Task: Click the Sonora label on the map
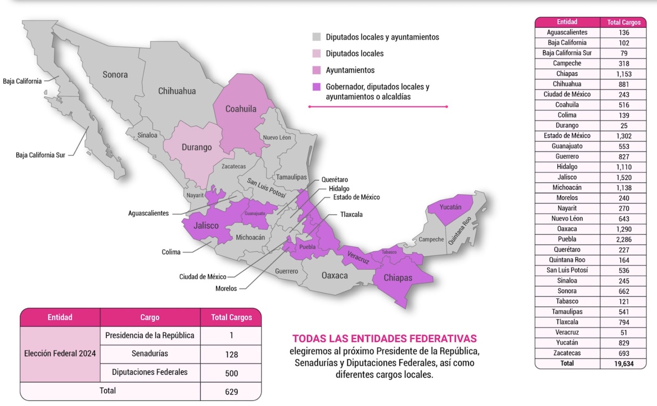point(115,74)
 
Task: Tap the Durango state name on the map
point(197,147)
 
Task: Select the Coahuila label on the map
point(241,109)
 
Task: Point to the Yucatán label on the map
point(450,207)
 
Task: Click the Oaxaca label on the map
point(335,275)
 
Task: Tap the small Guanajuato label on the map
point(255,213)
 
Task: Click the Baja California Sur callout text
point(40,155)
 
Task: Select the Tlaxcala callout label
point(351,214)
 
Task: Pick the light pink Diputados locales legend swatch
point(317,54)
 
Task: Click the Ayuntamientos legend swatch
point(317,70)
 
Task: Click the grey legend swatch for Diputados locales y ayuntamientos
point(317,37)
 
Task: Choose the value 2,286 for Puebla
point(624,239)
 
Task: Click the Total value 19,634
point(624,364)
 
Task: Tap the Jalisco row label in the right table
point(567,177)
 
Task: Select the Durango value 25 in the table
point(624,125)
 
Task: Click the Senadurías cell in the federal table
point(150,354)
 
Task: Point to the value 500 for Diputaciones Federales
point(231,373)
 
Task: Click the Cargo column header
point(150,317)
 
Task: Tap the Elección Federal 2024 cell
point(60,354)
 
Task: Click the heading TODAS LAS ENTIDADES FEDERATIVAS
point(384,338)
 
